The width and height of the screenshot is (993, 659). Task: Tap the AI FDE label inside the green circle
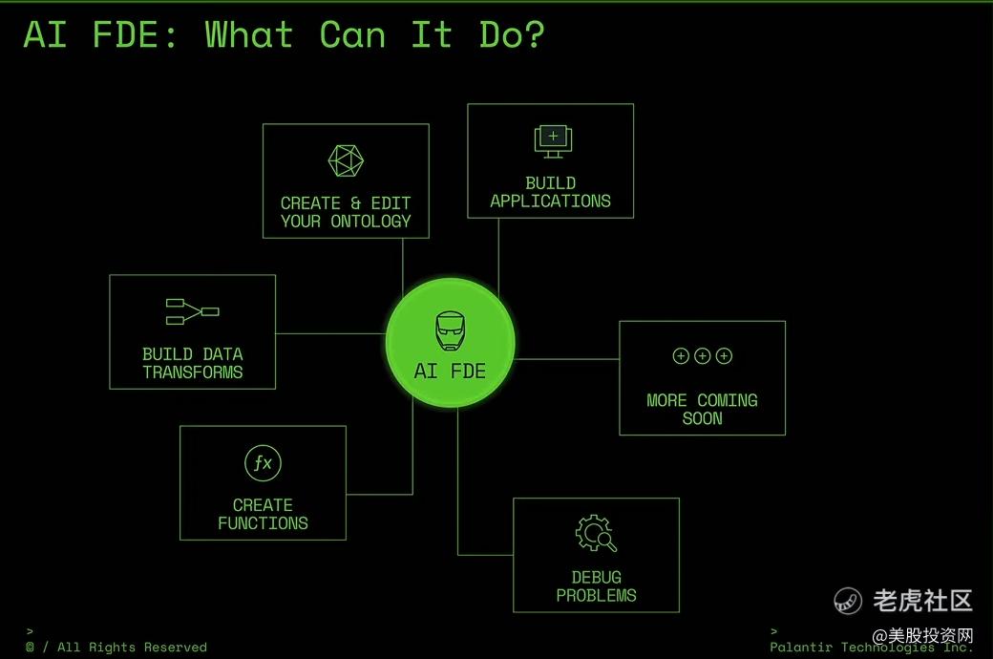coord(450,372)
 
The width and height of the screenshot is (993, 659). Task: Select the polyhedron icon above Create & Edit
coord(346,161)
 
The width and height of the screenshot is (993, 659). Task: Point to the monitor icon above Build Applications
coord(552,141)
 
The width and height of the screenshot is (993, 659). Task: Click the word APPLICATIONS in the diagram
coord(550,202)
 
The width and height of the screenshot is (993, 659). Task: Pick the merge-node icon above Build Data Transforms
coord(192,311)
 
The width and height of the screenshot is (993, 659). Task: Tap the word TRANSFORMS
coord(193,372)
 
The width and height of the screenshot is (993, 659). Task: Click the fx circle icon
coord(263,464)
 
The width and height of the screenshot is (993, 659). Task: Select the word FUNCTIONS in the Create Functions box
coord(263,523)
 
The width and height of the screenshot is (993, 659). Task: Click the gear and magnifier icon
coord(596,533)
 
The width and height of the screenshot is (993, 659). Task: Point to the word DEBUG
coord(596,578)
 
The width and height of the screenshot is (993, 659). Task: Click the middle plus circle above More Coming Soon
coord(702,356)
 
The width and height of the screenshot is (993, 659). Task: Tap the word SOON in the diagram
coord(702,418)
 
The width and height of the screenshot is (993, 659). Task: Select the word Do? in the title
coord(512,35)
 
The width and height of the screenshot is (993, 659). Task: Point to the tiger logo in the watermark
coord(848,601)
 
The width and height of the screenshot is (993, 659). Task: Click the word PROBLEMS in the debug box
coord(596,596)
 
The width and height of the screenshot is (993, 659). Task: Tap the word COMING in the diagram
coord(728,401)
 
